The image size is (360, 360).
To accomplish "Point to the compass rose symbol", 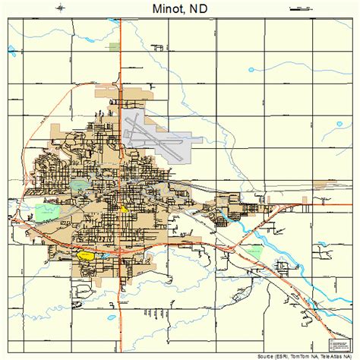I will (x=59, y=8).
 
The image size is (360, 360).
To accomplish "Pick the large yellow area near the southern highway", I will (x=86, y=256).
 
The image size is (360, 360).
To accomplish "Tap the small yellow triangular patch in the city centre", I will (x=125, y=207).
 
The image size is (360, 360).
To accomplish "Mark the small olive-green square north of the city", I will (x=114, y=47).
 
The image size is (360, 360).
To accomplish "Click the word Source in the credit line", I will (x=267, y=355).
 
